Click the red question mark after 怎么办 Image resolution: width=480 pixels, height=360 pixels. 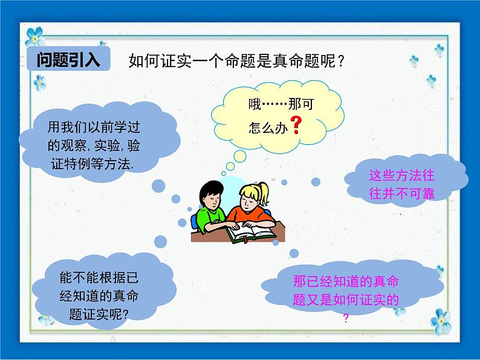[296, 125]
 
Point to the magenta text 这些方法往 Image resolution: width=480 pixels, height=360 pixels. [402, 176]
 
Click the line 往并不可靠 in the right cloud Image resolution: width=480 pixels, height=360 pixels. [402, 193]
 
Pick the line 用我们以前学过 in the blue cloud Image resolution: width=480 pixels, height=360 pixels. [96, 127]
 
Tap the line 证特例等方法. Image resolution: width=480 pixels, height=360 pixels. [96, 162]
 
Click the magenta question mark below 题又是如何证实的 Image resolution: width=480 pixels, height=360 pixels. [346, 319]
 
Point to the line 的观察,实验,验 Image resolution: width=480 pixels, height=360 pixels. [95, 145]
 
